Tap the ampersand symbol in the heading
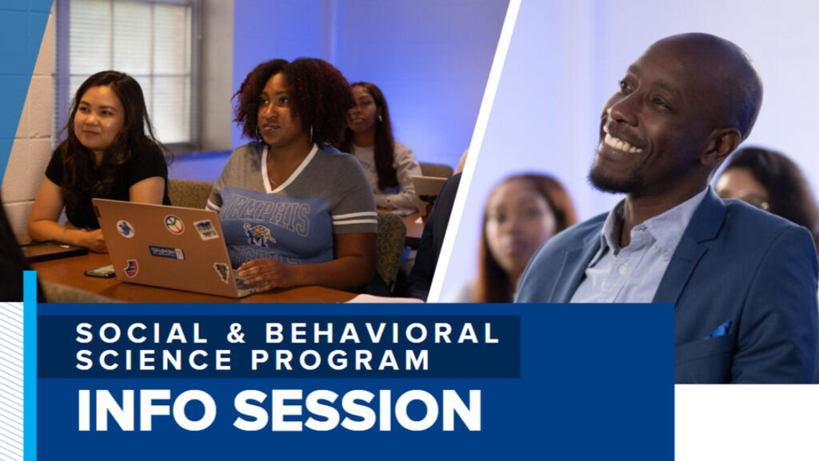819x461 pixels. tap(237, 333)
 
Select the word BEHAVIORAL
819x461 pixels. tap(382, 333)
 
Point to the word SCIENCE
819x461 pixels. tap(154, 359)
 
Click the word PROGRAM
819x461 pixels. tap(340, 359)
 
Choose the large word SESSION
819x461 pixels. tap(357, 411)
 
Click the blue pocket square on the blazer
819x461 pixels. tap(719, 330)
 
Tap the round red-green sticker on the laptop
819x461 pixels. tap(174, 224)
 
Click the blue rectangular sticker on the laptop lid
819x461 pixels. tap(166, 252)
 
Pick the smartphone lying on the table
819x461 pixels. tap(100, 271)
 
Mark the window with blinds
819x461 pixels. tap(129, 73)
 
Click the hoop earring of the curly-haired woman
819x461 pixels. tap(258, 134)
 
